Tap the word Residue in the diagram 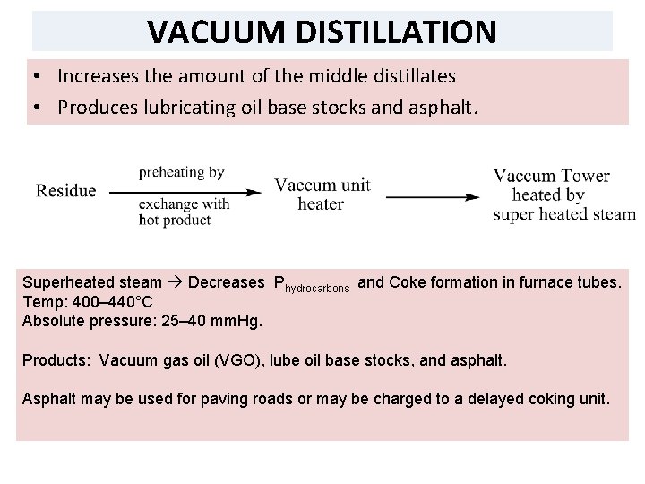[x=66, y=191]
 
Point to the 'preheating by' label [x=181, y=172]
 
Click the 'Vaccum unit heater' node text [x=322, y=194]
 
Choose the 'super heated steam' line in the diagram [x=563, y=215]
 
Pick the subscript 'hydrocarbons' [x=318, y=289]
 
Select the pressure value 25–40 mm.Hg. [x=190, y=321]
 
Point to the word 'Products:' [x=56, y=361]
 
